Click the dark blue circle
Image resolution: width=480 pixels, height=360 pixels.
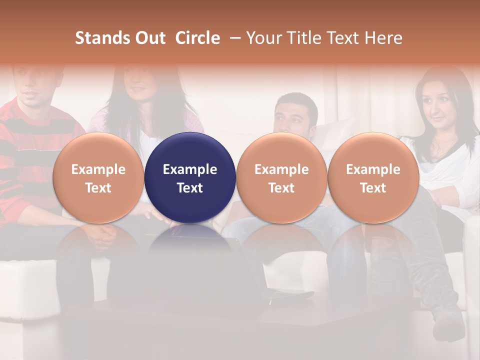190,177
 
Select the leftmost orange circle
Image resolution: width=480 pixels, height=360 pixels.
98,177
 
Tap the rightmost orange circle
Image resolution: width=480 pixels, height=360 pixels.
373,177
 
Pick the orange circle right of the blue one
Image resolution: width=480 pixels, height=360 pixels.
281,177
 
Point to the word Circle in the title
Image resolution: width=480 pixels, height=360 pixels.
197,38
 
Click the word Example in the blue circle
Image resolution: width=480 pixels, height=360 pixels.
190,169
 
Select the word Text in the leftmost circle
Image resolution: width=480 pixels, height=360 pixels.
98,188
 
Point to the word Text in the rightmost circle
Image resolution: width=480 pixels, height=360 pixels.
373,188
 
